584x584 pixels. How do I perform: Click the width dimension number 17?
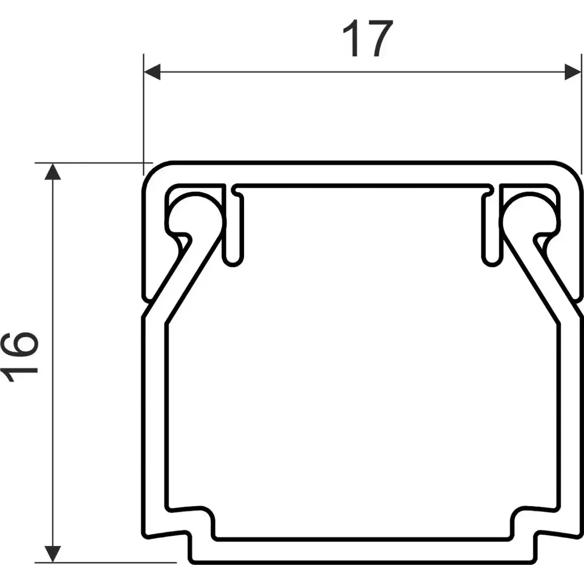coord(368,38)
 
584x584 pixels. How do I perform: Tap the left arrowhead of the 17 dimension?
coord(152,72)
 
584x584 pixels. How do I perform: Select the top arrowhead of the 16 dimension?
coord(53,172)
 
